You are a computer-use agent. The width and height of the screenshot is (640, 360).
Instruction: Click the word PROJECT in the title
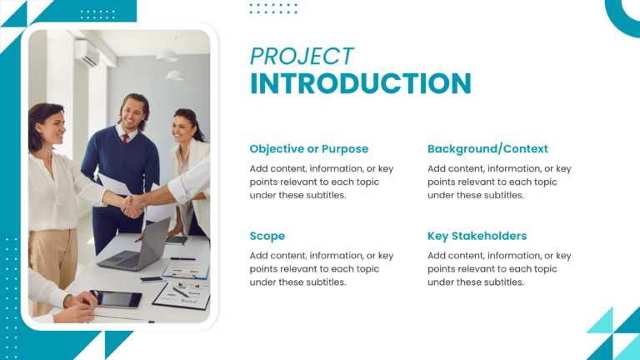point(302,56)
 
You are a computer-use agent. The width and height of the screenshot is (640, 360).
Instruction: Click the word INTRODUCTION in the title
point(360,84)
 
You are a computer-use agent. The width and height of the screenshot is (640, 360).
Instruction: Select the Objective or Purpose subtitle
point(308,149)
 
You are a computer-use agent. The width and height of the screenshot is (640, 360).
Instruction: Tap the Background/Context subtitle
point(487,149)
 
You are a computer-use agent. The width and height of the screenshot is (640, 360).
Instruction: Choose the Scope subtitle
point(267,236)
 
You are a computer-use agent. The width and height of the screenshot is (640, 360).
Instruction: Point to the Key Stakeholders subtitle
point(477,236)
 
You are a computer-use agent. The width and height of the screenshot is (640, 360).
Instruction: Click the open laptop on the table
point(137,247)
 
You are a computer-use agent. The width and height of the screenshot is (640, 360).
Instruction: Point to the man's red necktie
point(125,138)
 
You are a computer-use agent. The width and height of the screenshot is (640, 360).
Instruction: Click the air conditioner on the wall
point(87,53)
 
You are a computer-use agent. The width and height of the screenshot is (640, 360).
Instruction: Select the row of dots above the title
point(273,8)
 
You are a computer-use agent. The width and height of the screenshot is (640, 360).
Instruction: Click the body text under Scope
point(321,269)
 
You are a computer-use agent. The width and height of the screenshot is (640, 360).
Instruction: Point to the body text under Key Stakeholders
point(499,269)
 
